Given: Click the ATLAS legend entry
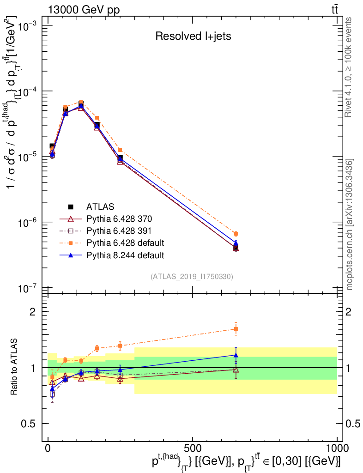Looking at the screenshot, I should coord(100,206).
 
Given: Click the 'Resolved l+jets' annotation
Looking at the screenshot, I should coord(193,36).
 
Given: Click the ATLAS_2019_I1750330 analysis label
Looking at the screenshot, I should coord(192,277).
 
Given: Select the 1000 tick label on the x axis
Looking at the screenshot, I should coord(337,448).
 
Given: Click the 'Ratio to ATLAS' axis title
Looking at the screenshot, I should coord(14,367).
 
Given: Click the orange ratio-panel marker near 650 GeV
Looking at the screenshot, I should coord(236,329).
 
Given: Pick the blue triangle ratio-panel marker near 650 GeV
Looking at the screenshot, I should coord(236,355).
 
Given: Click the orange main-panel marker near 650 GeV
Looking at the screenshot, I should coord(236,234).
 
